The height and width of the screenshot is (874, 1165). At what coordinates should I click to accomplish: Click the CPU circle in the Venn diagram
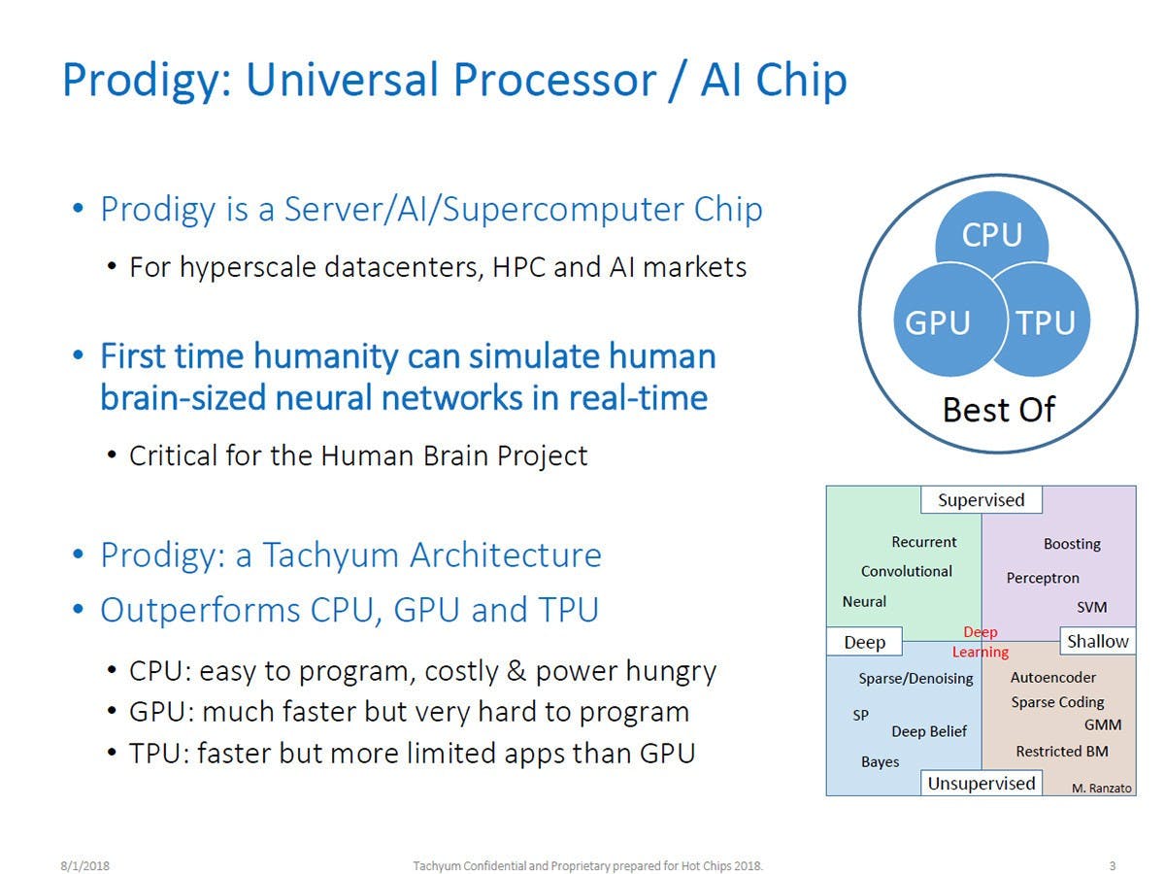991,234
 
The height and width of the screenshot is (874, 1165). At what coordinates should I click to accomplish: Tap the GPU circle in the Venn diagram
938,322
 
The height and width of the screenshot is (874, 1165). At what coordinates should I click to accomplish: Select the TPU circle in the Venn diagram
1046,322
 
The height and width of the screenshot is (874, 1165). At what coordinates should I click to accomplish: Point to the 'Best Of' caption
998,410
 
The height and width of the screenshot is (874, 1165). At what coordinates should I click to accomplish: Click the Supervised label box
981,500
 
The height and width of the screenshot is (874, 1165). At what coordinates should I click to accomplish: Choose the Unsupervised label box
981,783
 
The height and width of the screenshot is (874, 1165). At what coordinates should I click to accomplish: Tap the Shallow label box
1098,641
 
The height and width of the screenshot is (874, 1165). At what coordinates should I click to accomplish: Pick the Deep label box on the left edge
864,642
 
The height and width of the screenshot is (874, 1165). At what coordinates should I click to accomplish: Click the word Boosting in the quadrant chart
1072,544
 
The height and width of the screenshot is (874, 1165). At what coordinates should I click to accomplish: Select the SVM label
1091,608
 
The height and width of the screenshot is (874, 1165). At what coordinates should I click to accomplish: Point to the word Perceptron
1043,578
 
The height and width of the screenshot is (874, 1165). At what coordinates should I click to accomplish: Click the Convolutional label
906,571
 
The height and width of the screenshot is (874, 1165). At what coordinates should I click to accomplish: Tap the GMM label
1103,725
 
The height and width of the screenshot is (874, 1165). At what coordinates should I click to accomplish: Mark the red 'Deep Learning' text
981,642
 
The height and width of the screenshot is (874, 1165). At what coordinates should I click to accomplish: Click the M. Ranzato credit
1102,789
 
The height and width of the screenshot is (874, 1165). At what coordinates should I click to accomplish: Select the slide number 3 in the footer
1112,837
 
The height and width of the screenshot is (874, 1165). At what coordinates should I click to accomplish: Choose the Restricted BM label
1061,751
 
